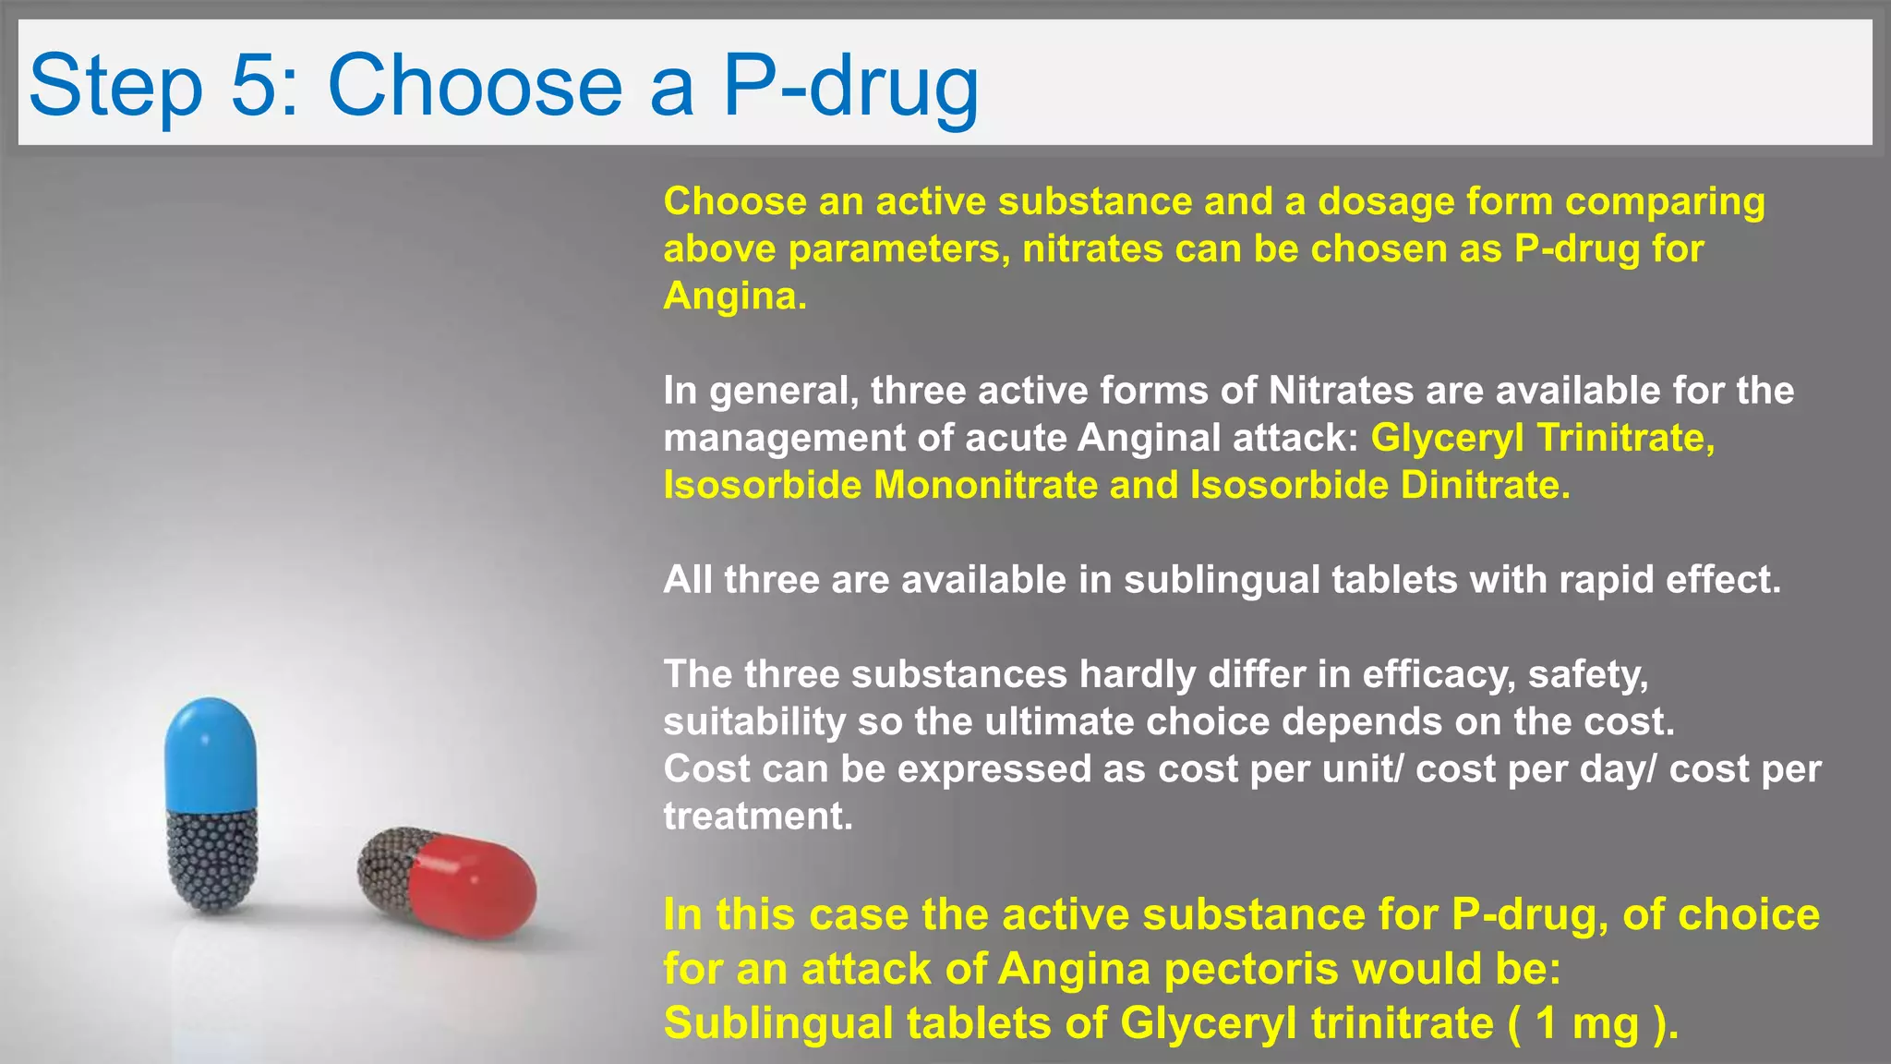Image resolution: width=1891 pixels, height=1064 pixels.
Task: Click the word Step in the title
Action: (115, 85)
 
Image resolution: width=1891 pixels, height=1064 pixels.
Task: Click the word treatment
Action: (757, 816)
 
